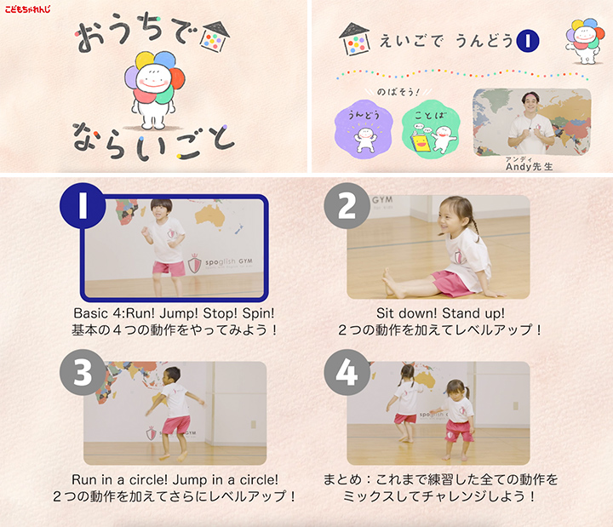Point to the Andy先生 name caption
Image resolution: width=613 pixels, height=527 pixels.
click(529, 166)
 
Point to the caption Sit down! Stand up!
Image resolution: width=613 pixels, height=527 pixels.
click(439, 312)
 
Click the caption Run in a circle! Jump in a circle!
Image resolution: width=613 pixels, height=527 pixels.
click(175, 479)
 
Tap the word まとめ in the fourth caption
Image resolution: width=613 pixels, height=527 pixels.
click(343, 479)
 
